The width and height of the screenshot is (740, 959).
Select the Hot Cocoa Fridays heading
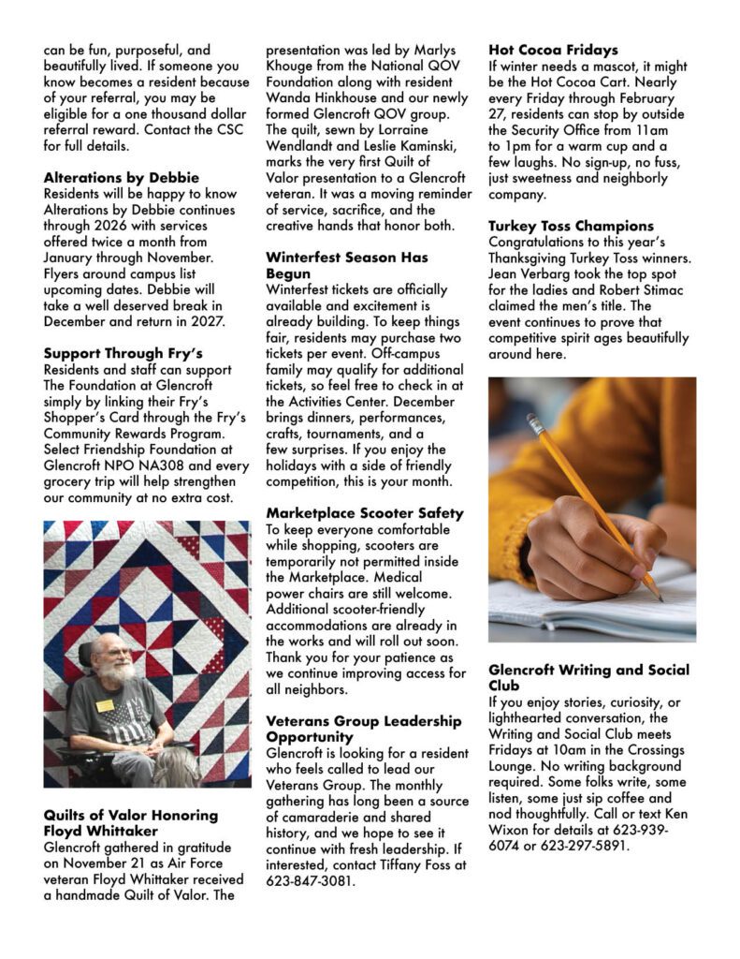(x=553, y=50)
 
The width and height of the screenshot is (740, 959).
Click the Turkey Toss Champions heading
(x=571, y=226)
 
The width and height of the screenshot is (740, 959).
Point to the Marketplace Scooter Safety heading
(x=364, y=513)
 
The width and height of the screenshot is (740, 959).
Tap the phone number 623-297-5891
(x=589, y=846)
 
